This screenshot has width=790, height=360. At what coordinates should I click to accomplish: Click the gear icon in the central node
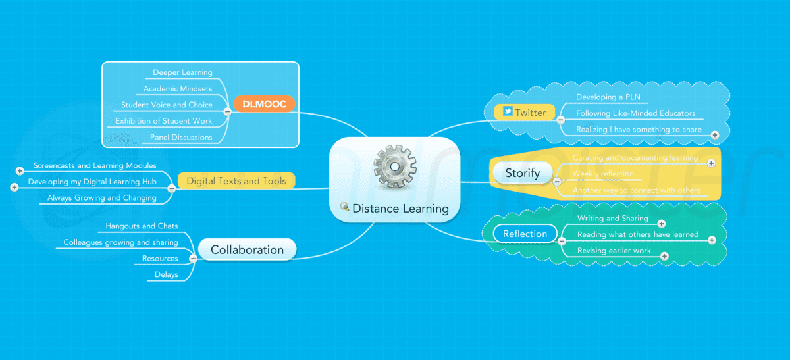pos(394,169)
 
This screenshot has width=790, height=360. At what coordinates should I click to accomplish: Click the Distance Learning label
pos(400,209)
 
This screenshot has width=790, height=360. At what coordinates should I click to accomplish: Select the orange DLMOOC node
pos(264,104)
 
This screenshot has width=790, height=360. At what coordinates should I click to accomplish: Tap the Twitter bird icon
pos(508,111)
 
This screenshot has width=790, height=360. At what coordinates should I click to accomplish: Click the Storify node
pos(522,173)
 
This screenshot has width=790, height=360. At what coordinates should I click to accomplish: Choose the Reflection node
pos(525,234)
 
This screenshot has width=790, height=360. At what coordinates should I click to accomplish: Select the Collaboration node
pos(247,250)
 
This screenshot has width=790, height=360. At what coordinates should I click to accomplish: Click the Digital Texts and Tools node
pos(236,180)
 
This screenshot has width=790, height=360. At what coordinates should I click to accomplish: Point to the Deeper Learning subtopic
pos(182,72)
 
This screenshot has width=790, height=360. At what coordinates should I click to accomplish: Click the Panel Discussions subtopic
pos(181,137)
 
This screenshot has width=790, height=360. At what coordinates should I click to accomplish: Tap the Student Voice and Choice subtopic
pos(167,105)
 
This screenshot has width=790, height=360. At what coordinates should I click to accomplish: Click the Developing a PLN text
pos(608,97)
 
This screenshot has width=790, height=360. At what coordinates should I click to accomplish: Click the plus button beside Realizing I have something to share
pos(715,134)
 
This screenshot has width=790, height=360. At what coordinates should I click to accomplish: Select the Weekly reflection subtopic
pos(603,174)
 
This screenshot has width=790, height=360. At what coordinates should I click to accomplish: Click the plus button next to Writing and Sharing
pos(662,224)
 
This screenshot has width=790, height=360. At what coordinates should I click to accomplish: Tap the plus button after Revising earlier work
pos(664,255)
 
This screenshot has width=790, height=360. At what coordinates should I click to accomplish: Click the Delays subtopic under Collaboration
pos(166,274)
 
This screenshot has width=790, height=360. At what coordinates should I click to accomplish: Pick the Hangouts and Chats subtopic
pos(142,226)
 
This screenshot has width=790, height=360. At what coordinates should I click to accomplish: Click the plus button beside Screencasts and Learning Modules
pos(20,171)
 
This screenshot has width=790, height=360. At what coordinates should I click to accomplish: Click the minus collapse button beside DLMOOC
pos(227,111)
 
